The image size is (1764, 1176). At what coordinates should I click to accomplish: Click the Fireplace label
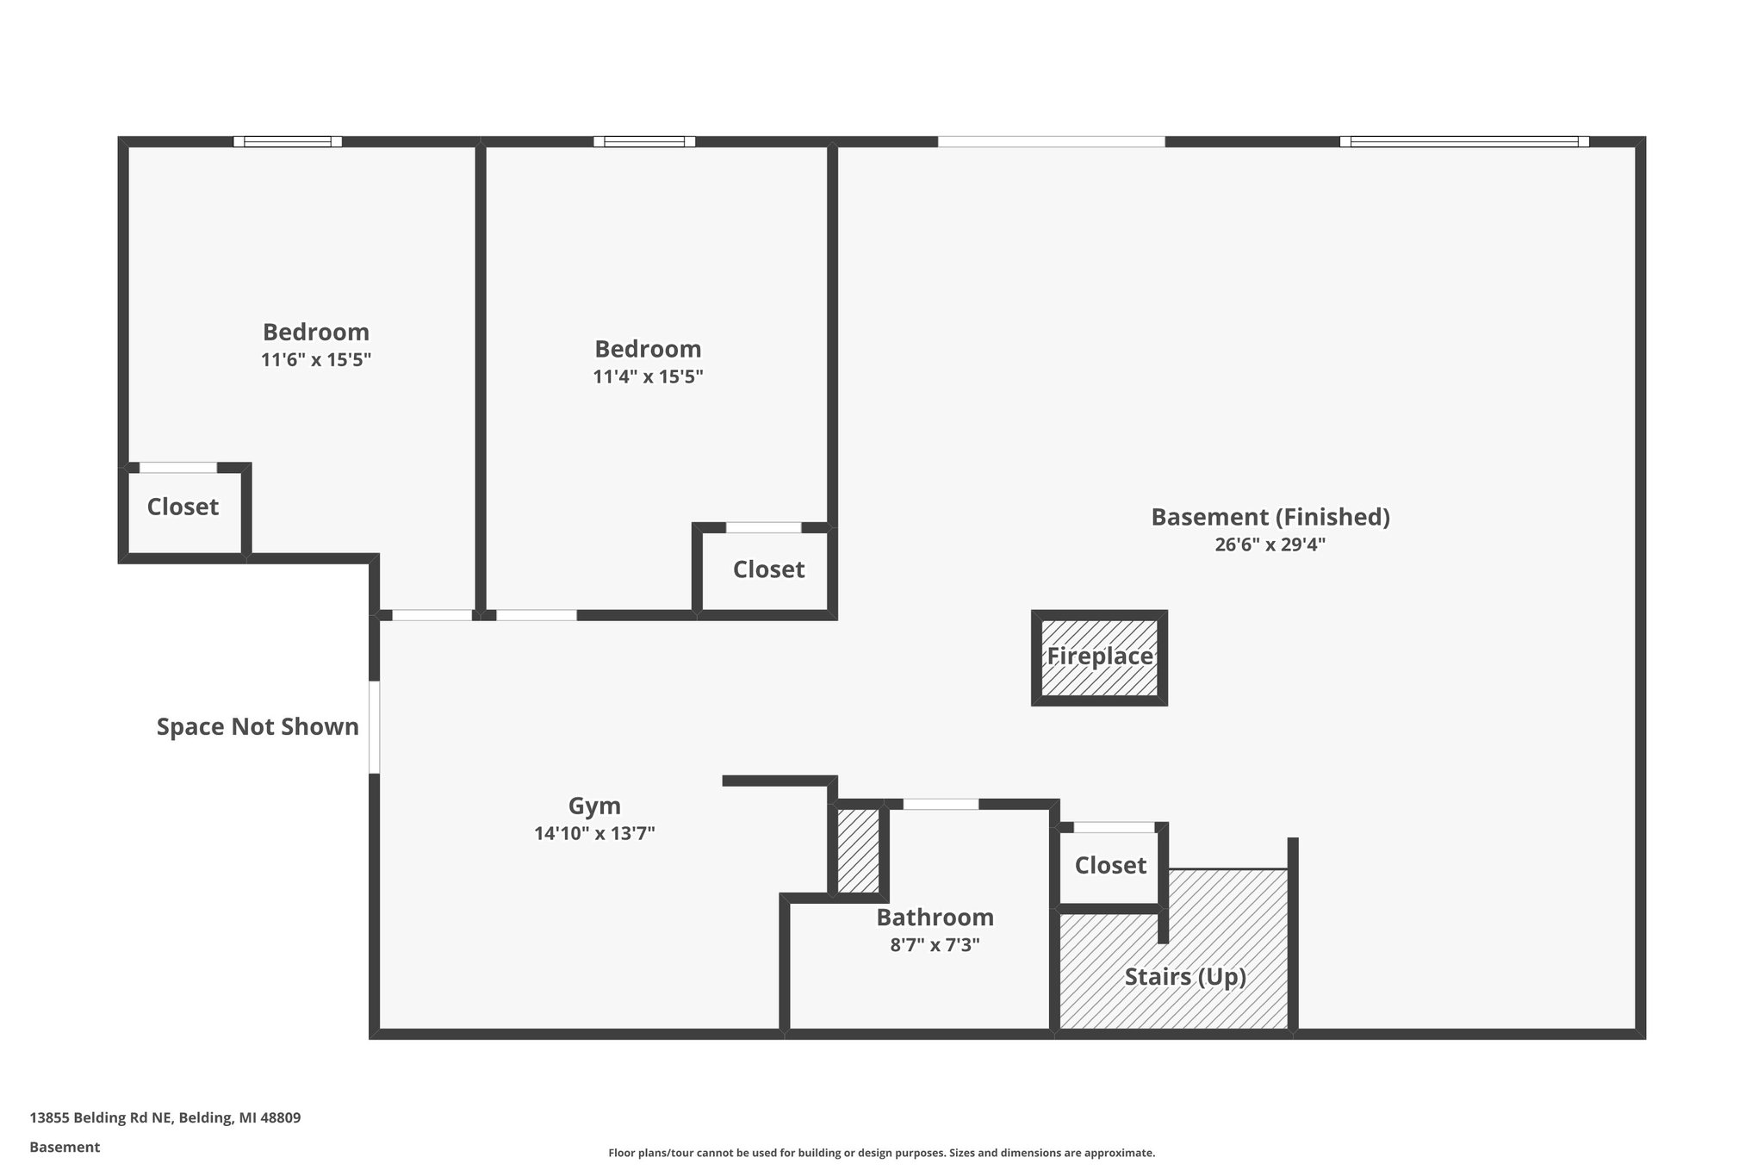(1099, 656)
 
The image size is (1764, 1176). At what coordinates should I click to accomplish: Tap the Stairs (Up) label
(1185, 977)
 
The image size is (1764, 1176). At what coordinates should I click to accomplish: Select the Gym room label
(594, 806)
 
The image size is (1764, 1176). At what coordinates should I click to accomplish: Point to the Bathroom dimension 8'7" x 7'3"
(935, 945)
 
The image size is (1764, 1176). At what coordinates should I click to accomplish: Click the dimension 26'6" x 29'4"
(1270, 544)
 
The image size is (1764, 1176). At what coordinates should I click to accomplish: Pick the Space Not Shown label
(258, 727)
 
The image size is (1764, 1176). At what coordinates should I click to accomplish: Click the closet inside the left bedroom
(183, 507)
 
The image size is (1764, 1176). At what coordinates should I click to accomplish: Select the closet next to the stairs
(1110, 865)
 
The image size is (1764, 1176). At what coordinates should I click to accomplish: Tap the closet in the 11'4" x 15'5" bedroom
(768, 569)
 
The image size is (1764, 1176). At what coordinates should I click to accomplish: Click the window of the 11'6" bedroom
(288, 142)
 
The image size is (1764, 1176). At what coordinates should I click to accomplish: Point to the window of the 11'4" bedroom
(644, 142)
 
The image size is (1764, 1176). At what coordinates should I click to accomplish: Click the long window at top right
(1463, 142)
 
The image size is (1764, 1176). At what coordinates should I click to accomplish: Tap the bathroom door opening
(941, 805)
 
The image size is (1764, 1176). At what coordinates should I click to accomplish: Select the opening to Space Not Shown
(375, 727)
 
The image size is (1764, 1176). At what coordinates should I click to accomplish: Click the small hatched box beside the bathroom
(858, 850)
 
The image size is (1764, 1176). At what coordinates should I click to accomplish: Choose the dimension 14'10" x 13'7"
(594, 834)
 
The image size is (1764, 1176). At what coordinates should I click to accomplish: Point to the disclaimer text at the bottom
(881, 1153)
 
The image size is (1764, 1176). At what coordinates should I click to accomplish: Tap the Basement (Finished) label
(1270, 517)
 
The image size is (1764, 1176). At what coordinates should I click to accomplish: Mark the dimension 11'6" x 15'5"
(316, 360)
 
